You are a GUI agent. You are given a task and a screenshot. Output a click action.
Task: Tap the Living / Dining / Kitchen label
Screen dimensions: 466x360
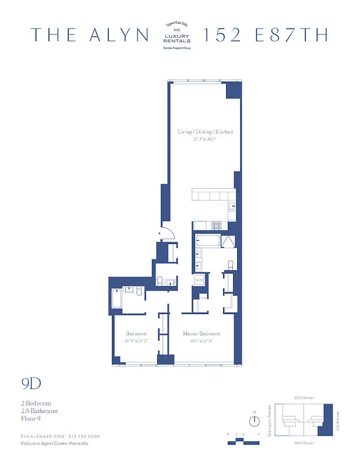[x=205, y=132]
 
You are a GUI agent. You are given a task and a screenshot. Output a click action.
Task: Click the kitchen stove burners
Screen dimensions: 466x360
[x=217, y=225]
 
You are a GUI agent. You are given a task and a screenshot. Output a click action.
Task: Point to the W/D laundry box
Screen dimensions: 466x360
[x=199, y=280]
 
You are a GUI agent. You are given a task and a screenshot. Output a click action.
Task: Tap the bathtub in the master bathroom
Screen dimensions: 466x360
[x=205, y=239]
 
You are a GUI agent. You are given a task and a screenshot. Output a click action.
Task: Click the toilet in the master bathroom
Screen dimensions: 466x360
[x=231, y=265]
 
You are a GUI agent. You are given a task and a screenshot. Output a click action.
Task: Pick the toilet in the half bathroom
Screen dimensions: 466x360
[x=159, y=281]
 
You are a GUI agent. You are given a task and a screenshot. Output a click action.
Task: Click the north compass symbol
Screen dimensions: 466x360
[x=255, y=420]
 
